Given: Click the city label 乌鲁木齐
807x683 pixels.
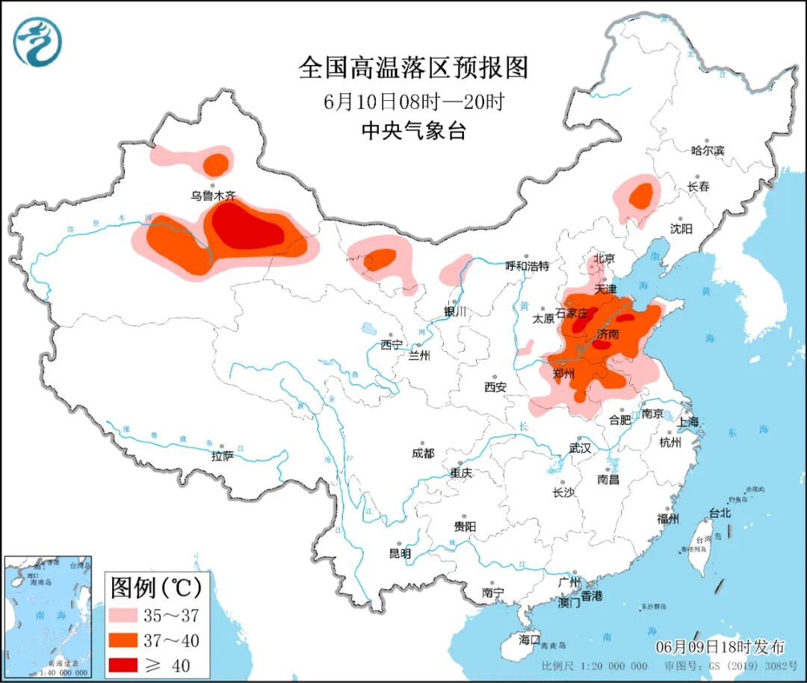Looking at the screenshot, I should (x=213, y=196).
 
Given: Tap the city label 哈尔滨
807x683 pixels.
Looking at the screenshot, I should (x=708, y=150).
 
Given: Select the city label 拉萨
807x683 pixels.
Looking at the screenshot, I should (x=223, y=455).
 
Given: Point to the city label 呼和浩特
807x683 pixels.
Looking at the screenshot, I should (x=528, y=265).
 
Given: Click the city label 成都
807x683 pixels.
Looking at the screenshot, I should (x=422, y=453).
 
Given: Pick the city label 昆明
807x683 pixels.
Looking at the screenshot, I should (x=400, y=554).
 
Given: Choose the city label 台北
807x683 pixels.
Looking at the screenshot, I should (x=720, y=513).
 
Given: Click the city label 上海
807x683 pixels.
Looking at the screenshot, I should (x=688, y=422).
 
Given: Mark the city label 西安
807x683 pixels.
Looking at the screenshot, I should (x=495, y=386).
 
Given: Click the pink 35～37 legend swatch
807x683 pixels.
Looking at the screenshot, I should (x=128, y=615).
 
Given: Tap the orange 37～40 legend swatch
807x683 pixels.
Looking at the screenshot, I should (x=128, y=640).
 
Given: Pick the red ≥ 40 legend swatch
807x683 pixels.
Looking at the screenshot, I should (x=128, y=664).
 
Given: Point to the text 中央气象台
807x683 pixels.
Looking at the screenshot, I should (x=413, y=131).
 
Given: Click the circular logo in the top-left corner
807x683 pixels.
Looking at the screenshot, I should (x=37, y=41).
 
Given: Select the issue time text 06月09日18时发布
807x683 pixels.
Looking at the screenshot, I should (x=720, y=646).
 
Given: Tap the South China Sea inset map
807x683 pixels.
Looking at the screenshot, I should (x=48, y=616).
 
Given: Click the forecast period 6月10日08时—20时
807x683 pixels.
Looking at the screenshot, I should (x=413, y=101).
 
